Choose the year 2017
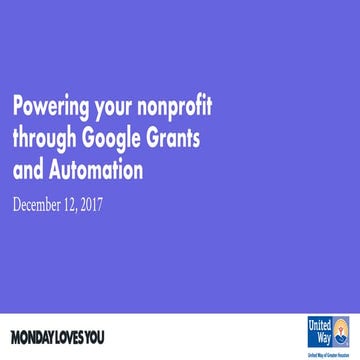click(x=117, y=207)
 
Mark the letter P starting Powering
click(x=17, y=107)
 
